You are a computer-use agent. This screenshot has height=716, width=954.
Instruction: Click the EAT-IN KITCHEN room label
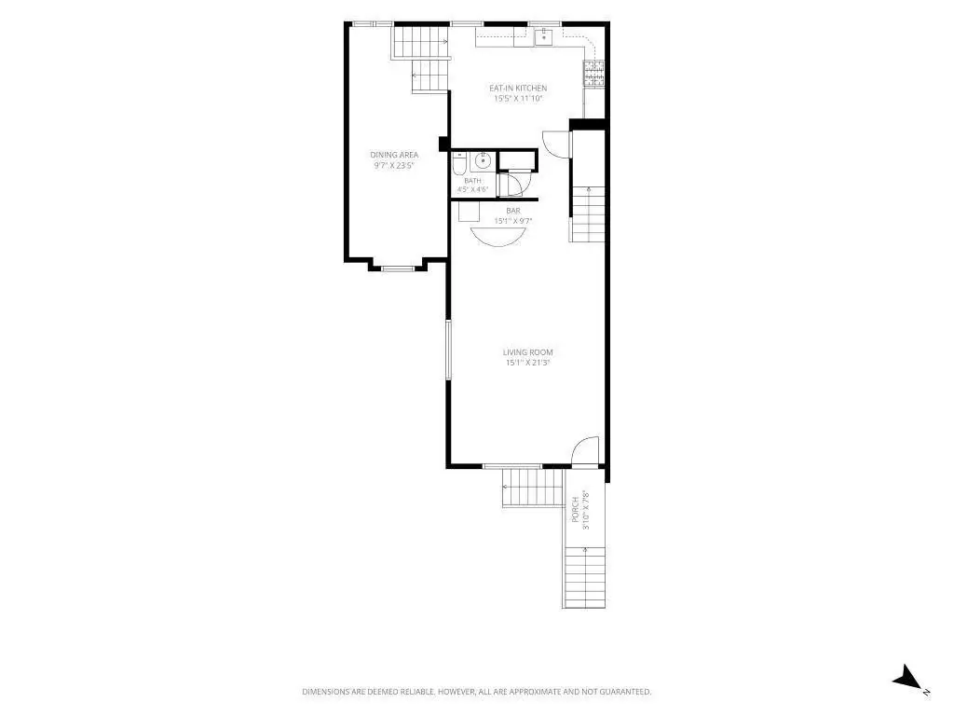(518, 89)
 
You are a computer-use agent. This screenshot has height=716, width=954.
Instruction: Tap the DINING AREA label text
(394, 156)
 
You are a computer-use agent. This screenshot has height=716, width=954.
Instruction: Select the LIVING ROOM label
(527, 352)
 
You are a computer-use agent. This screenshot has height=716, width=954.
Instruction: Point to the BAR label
(513, 212)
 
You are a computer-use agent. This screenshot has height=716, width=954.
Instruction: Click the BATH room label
(472, 181)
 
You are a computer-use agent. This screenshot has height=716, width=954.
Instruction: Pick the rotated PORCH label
(576, 510)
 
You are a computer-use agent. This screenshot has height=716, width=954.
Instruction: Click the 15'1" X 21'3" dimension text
(527, 363)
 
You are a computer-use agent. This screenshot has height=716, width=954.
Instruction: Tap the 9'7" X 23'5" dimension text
(394, 166)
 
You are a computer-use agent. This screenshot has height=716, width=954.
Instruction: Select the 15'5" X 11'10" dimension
(518, 99)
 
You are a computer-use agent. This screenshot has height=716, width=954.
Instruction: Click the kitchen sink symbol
(543, 37)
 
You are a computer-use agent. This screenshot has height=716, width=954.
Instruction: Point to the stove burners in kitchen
(593, 73)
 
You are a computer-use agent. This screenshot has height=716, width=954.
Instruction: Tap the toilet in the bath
(459, 164)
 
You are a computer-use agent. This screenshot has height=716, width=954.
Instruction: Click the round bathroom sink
(484, 161)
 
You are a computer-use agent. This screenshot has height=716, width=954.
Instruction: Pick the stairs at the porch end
(585, 576)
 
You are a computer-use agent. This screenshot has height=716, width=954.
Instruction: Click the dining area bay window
(397, 268)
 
